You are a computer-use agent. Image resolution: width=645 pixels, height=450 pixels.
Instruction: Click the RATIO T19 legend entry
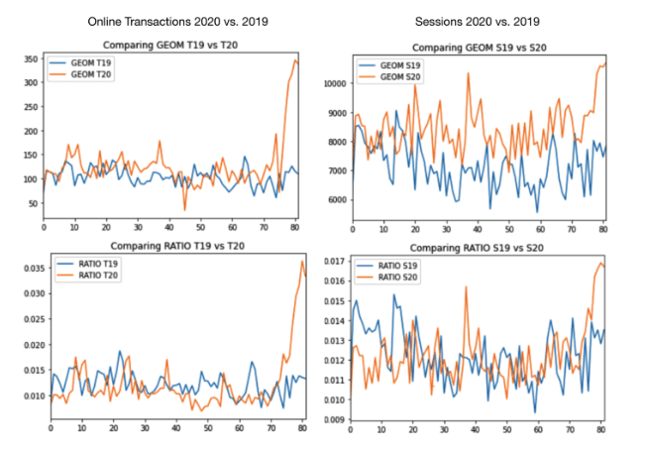97,263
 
